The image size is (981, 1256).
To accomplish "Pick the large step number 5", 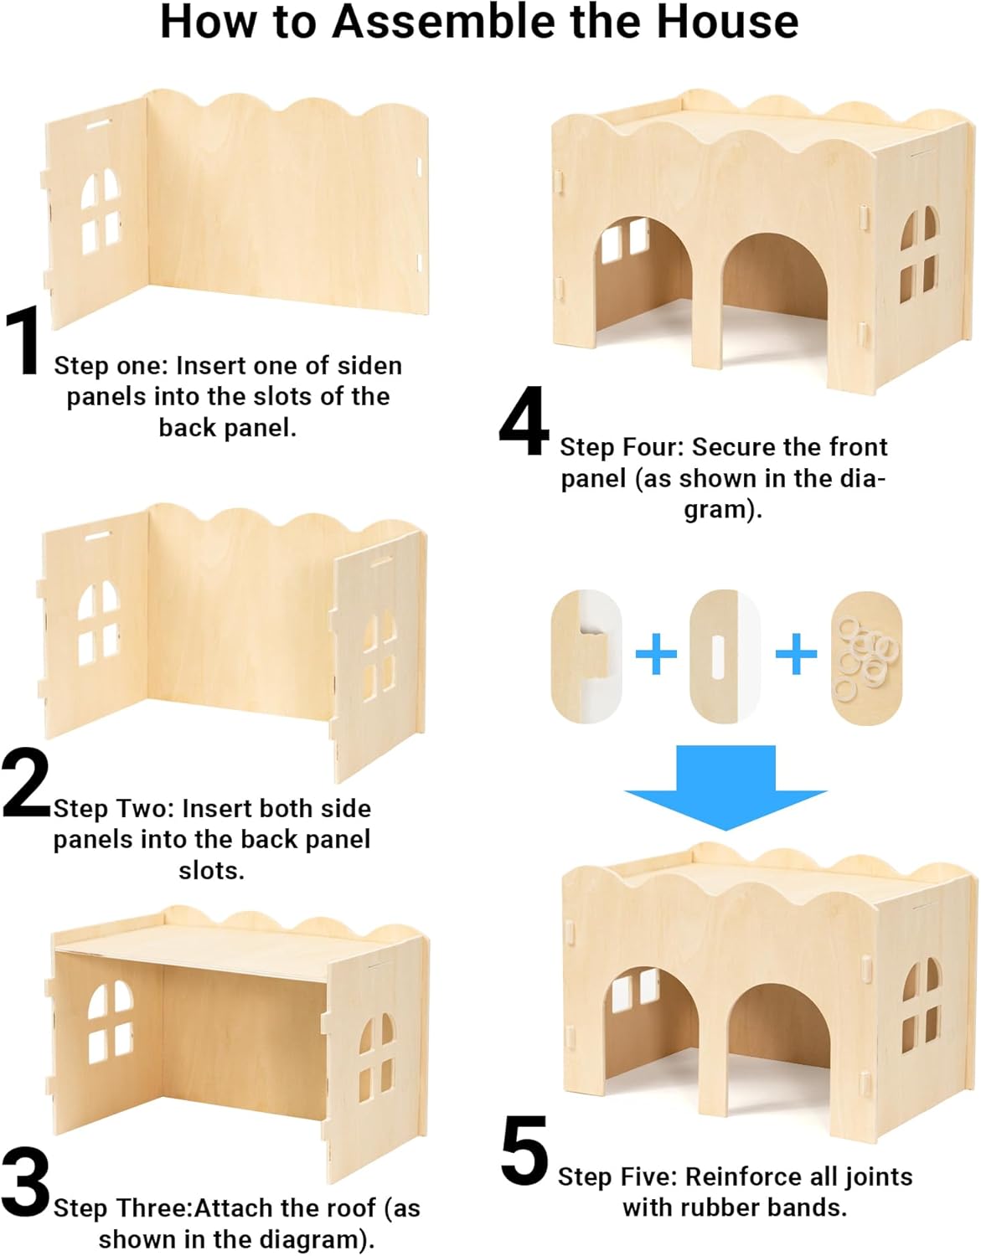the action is (x=524, y=1150).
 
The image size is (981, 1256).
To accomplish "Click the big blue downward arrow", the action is (x=725, y=787).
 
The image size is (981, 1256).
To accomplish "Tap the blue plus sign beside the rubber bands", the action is (x=796, y=654).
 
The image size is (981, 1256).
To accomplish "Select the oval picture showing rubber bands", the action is (x=866, y=657).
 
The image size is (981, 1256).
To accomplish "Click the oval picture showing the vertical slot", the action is (x=725, y=656).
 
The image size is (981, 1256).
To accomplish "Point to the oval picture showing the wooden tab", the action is (x=586, y=656).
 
